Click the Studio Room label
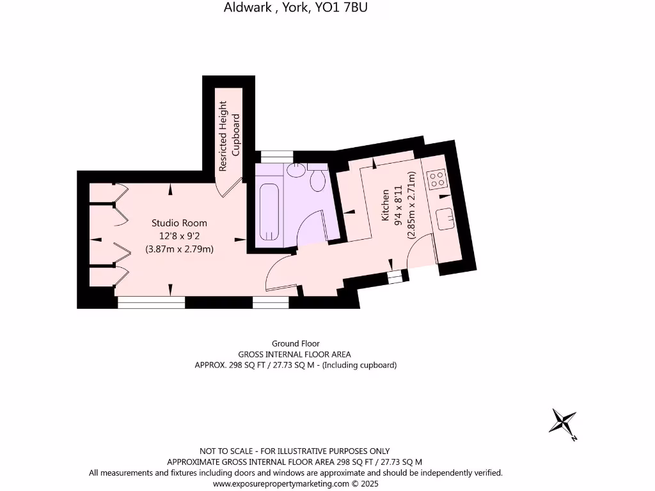[x=179, y=223]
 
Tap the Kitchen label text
[x=385, y=205]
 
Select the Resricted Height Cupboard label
[x=229, y=136]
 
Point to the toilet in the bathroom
[x=317, y=180]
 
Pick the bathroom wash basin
[x=296, y=170]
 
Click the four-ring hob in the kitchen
[x=437, y=178]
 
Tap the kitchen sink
[x=445, y=217]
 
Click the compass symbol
[x=564, y=423]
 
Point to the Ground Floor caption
[x=296, y=343]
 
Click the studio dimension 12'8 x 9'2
[x=179, y=236]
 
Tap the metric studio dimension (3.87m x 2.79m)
[x=179, y=249]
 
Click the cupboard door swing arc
[x=230, y=187]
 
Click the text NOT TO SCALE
[x=225, y=451]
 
